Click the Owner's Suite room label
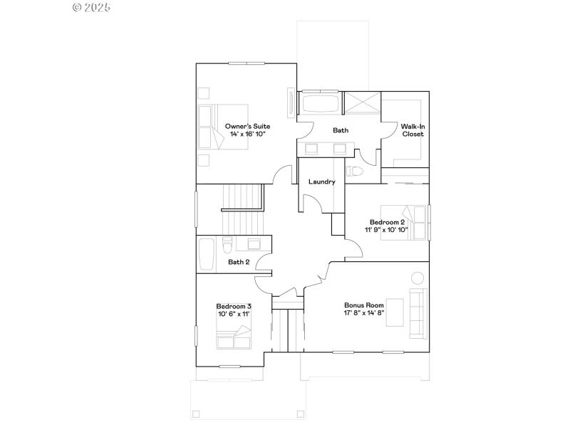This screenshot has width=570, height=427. click(247, 125)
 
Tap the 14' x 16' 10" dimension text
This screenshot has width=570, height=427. click(247, 134)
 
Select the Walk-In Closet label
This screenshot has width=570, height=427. click(413, 130)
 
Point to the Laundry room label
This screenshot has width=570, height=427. click(321, 181)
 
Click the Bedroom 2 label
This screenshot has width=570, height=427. click(387, 221)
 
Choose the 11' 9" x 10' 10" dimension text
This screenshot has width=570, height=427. click(386, 230)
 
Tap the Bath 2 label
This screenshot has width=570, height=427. click(239, 262)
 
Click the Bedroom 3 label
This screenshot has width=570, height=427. click(234, 306)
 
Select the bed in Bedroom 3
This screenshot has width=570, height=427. click(234, 337)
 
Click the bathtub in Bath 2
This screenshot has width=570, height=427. click(207, 255)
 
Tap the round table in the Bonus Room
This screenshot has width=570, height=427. click(417, 278)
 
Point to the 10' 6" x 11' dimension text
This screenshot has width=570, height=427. click(234, 315)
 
